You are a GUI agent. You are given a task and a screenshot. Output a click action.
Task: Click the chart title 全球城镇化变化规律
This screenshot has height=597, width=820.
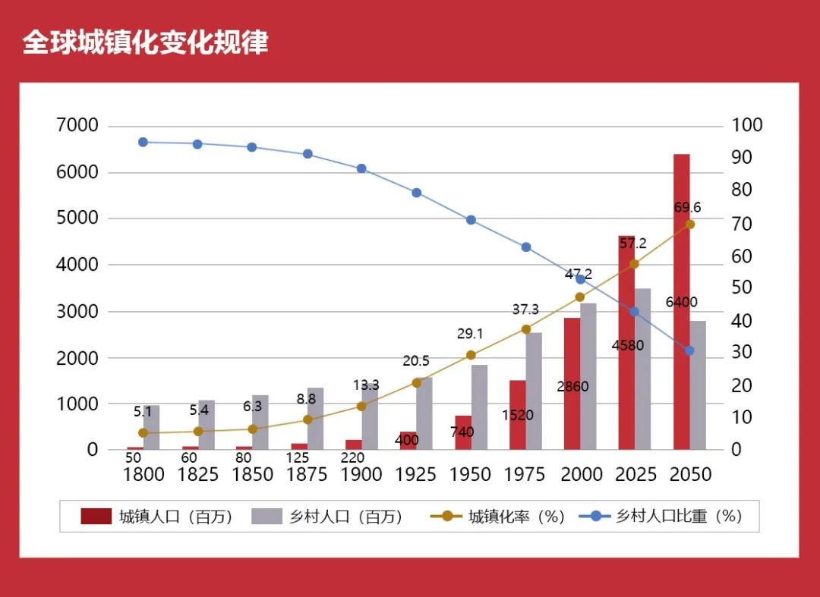tap(145, 42)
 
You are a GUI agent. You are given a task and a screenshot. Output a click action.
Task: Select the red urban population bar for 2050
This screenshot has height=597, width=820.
tap(681, 303)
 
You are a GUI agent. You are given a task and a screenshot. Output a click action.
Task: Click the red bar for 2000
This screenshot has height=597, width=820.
tap(572, 383)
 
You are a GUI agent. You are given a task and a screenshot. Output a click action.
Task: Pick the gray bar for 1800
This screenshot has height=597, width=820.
tap(152, 427)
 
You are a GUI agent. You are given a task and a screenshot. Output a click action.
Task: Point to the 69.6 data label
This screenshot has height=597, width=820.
tap(687, 208)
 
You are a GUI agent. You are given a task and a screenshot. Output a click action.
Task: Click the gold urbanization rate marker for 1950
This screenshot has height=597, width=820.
tap(471, 355)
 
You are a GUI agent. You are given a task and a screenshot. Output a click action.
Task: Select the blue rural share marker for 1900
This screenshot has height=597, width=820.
tap(361, 168)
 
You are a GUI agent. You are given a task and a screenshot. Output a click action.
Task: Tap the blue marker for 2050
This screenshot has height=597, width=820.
tap(689, 350)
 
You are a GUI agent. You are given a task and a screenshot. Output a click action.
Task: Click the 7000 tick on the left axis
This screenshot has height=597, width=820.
tap(77, 125)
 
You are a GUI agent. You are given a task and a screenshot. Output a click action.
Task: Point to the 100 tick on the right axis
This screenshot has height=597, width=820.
tap(747, 125)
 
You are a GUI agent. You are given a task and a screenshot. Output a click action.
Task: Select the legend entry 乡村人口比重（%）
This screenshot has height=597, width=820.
tap(662, 517)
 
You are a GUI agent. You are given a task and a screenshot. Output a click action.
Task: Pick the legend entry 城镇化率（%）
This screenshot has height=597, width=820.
tap(499, 517)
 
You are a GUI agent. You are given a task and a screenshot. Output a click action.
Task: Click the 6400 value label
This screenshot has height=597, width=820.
tap(681, 302)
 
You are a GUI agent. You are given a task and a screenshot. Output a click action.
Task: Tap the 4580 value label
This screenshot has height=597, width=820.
tap(627, 346)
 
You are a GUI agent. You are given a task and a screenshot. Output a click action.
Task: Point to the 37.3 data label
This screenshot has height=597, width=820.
tap(525, 309)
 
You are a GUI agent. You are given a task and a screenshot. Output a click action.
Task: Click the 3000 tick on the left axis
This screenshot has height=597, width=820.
tap(77, 311)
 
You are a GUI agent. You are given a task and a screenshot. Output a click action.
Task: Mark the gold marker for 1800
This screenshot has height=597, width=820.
tap(143, 432)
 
